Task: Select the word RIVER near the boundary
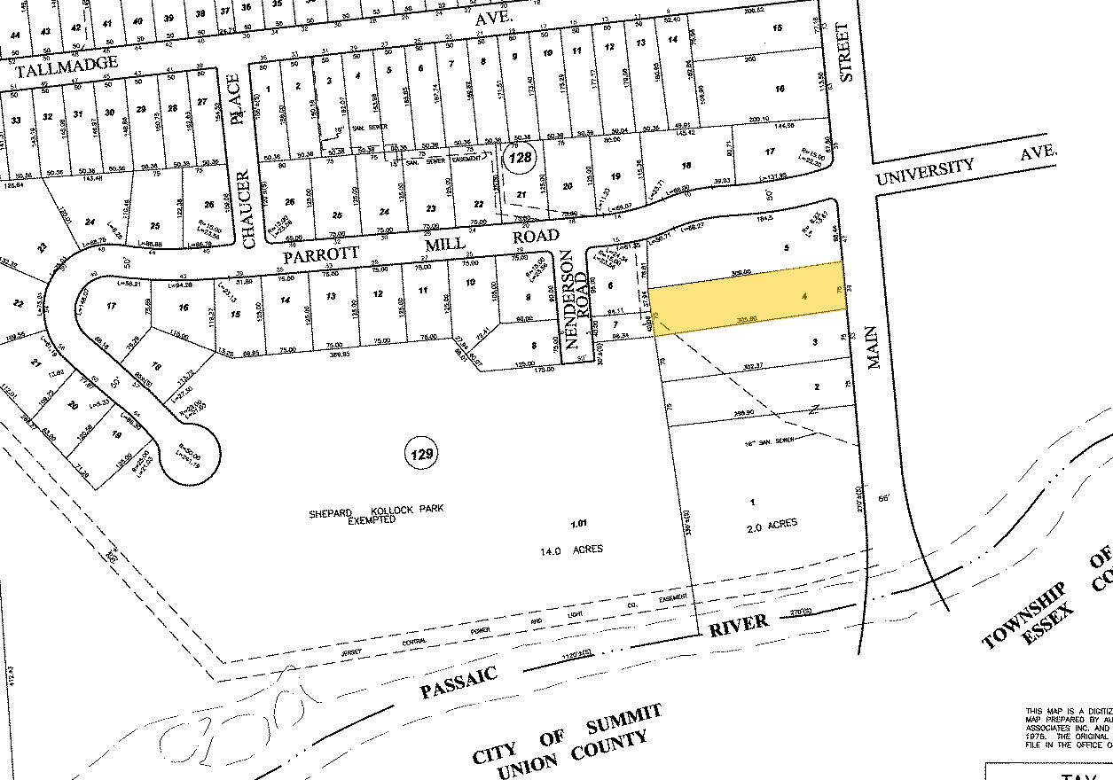(738, 625)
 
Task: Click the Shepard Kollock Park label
(376, 511)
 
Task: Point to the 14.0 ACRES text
(571, 550)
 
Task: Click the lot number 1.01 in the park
(578, 524)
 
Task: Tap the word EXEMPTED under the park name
(372, 520)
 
